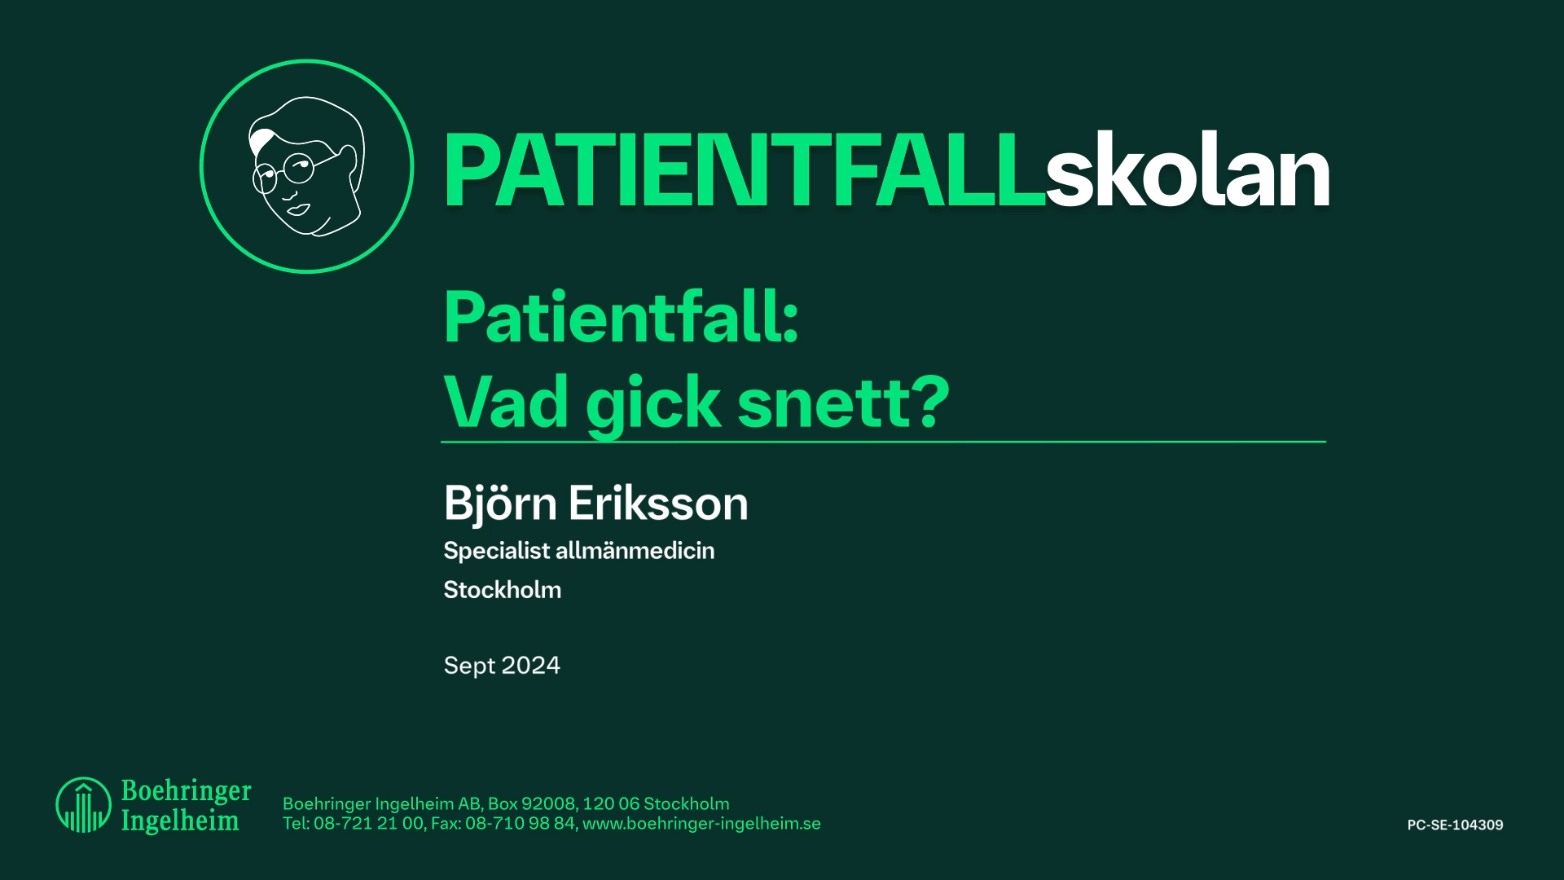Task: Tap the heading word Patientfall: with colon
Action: [x=621, y=318]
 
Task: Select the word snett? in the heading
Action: [x=843, y=403]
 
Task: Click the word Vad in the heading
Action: [x=506, y=403]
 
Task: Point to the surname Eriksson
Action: [x=658, y=504]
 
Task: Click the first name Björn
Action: [x=500, y=504]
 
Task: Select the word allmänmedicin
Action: [x=635, y=551]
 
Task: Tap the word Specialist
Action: [x=496, y=551]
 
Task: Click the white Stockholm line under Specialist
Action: [x=502, y=590]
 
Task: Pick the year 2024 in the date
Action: [x=531, y=666]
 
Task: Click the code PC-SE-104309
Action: [x=1455, y=825]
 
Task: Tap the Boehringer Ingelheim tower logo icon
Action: [x=83, y=805]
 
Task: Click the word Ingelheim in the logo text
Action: [x=180, y=821]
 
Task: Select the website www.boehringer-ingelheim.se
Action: [x=701, y=824]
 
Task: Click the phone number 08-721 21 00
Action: [x=368, y=824]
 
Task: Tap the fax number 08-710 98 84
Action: [x=520, y=824]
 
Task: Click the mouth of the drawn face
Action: [x=297, y=210]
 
